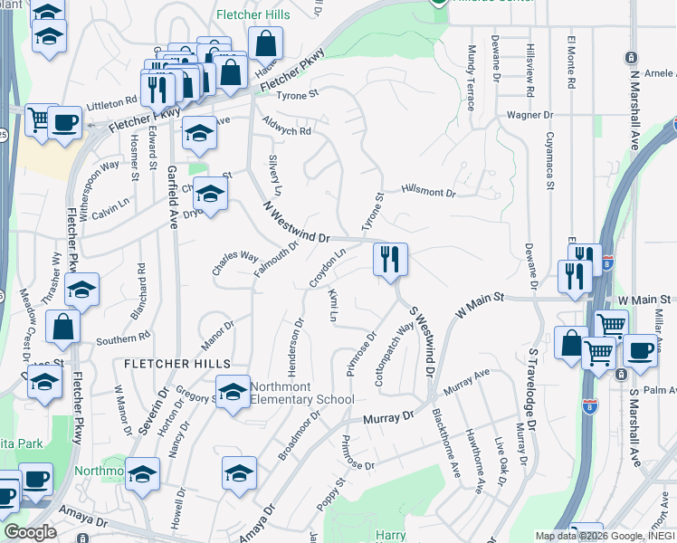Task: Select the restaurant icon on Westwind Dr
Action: (390, 260)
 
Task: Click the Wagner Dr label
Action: (529, 115)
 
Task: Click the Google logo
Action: (30, 532)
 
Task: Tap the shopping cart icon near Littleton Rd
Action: (39, 119)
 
